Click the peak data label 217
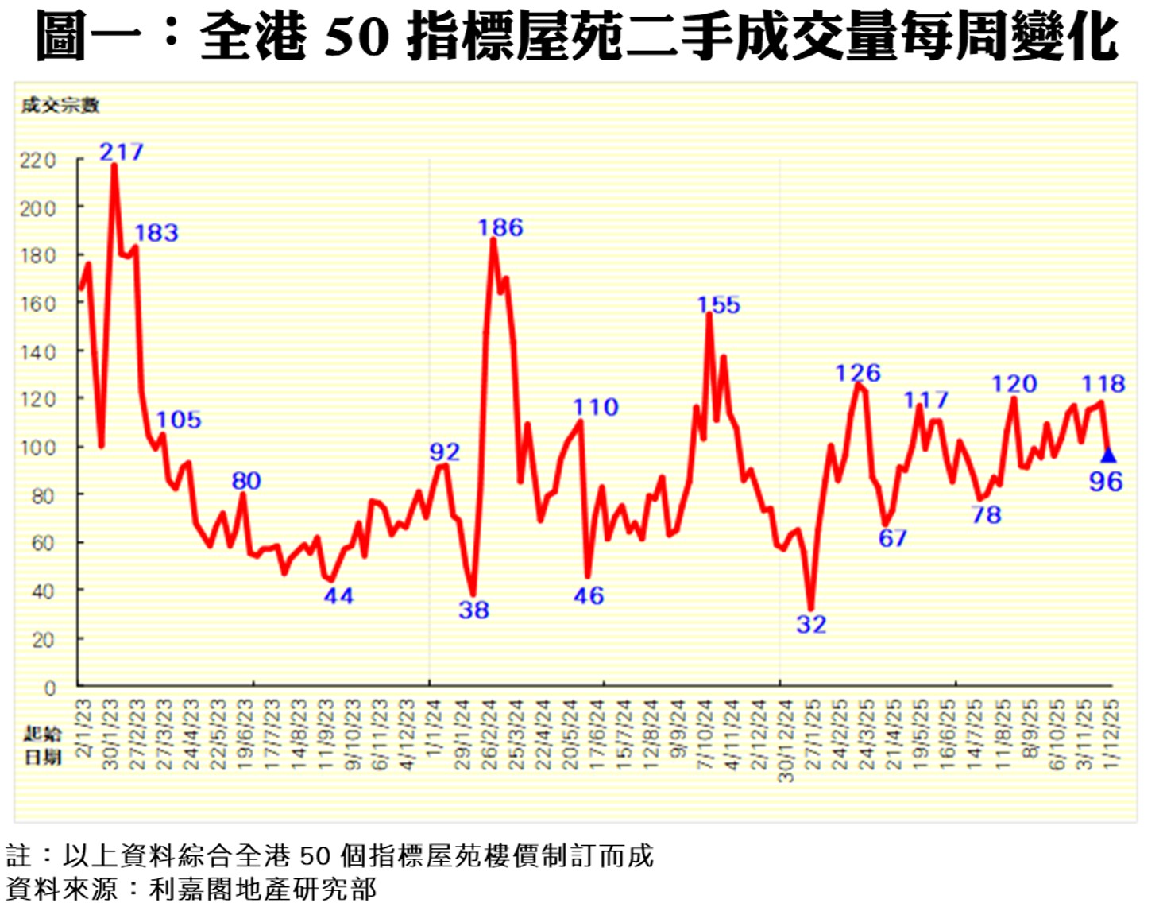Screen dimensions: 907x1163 coord(122,152)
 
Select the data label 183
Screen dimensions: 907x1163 coord(156,233)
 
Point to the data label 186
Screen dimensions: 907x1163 coord(500,228)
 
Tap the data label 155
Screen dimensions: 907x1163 coord(718,305)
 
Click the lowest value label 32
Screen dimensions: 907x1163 coord(811,625)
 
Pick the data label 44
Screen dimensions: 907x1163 coord(338,596)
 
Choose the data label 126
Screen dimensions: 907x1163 coord(858,373)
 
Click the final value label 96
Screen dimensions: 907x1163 coord(1106,482)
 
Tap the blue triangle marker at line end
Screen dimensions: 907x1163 coord(1108,455)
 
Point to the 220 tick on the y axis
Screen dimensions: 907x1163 coord(38,161)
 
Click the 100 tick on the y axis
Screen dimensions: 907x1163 coord(38,448)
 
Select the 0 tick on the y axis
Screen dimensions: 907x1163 coord(50,688)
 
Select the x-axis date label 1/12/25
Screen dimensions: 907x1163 coord(1111,733)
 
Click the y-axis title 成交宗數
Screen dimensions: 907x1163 coord(60,105)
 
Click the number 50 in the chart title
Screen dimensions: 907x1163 coord(357,37)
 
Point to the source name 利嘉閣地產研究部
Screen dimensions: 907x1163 coord(263,889)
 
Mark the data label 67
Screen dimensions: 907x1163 coord(893,538)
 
